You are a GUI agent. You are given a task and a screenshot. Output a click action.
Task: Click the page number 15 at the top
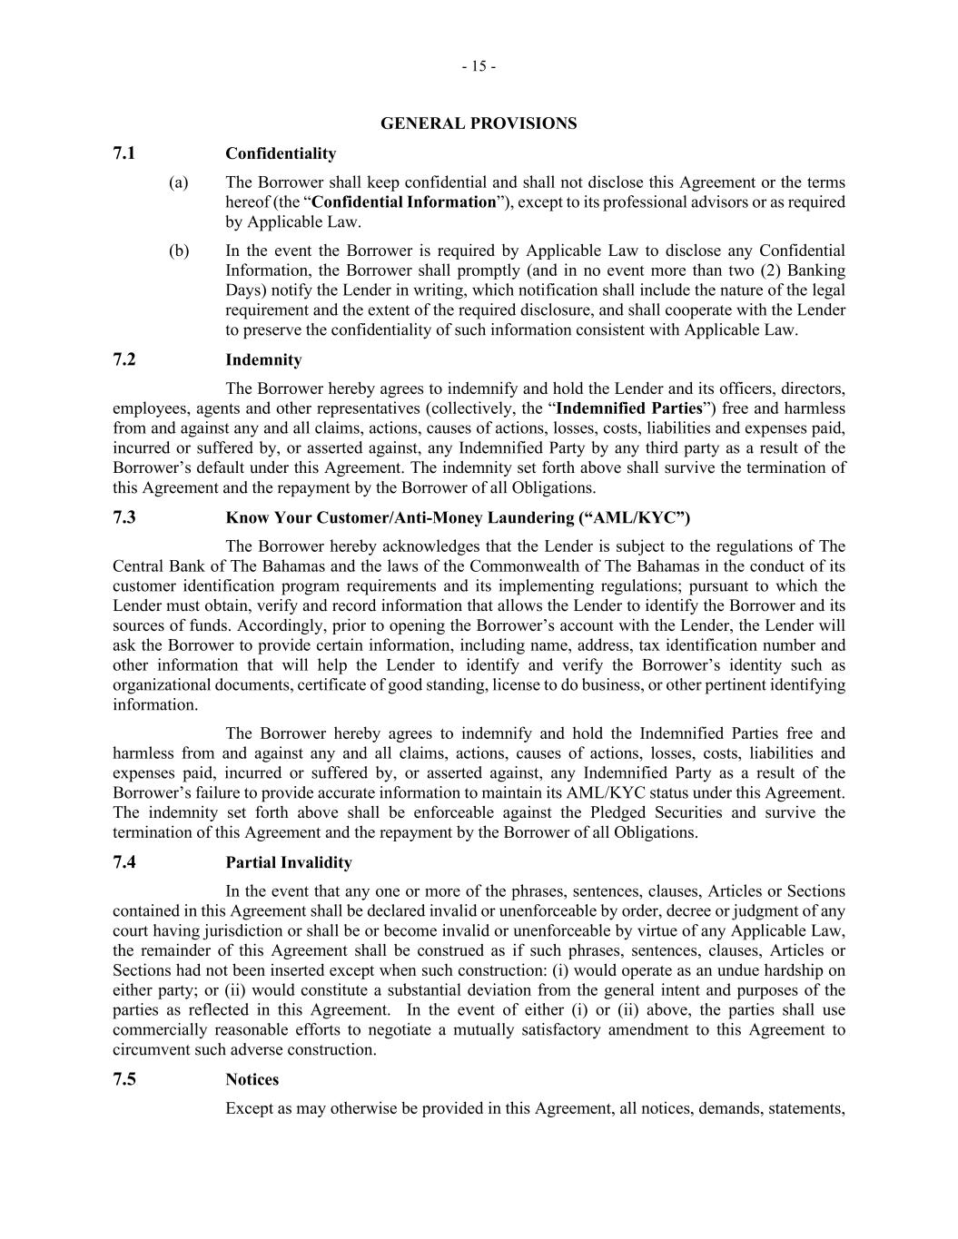pyautogui.click(x=479, y=66)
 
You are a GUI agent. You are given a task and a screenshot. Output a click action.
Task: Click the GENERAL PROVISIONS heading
pyautogui.click(x=478, y=123)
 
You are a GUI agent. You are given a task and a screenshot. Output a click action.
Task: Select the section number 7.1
pyautogui.click(x=124, y=153)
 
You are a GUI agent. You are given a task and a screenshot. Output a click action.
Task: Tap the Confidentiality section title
pyautogui.click(x=281, y=153)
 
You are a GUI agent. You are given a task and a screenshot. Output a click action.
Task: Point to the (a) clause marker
pyautogui.click(x=178, y=182)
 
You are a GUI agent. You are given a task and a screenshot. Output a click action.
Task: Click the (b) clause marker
pyautogui.click(x=178, y=251)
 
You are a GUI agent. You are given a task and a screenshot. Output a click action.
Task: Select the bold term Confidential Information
pyautogui.click(x=404, y=202)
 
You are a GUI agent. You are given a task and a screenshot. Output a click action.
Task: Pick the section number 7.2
pyautogui.click(x=124, y=359)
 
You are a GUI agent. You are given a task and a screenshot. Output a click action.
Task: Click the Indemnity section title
pyautogui.click(x=263, y=360)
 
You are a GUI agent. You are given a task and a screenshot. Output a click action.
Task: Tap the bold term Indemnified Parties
pyautogui.click(x=629, y=408)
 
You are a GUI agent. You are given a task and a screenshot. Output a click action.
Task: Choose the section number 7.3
pyautogui.click(x=124, y=517)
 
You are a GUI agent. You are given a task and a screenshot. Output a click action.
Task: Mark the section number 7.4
pyautogui.click(x=124, y=862)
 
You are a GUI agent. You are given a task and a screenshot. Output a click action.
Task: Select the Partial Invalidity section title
pyautogui.click(x=289, y=862)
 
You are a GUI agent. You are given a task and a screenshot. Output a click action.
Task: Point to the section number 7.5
pyautogui.click(x=124, y=1079)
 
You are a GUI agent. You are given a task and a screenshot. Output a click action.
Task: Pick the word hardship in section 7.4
pyautogui.click(x=787, y=970)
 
